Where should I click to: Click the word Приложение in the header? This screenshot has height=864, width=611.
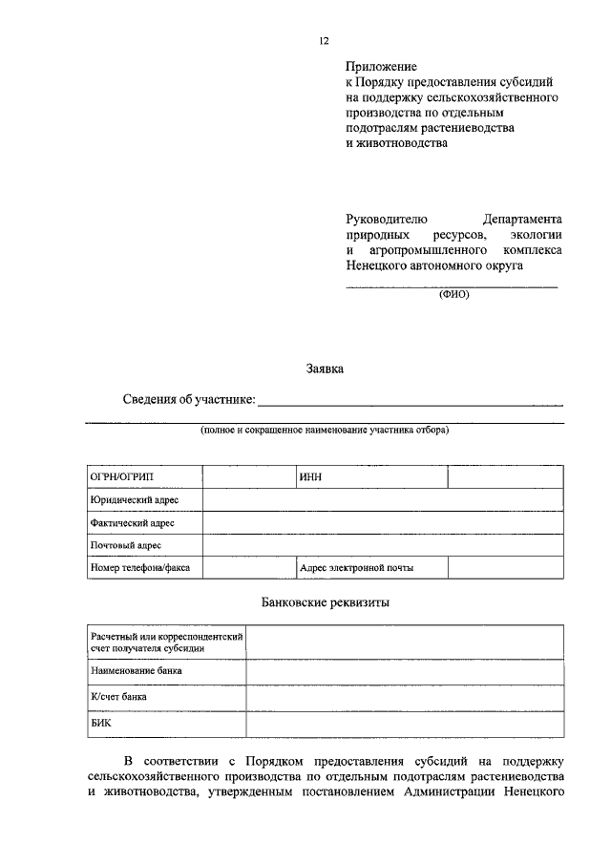[381, 68]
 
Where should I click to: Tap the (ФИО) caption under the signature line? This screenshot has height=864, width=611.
[453, 294]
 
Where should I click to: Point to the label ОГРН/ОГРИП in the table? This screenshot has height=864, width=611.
[121, 476]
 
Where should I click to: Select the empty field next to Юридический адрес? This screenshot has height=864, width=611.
[382, 499]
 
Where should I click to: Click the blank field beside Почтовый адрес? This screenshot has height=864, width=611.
[382, 545]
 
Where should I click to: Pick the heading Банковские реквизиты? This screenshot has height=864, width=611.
[326, 603]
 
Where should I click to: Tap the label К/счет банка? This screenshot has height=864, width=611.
[118, 698]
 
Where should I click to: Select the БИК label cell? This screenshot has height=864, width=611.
[101, 724]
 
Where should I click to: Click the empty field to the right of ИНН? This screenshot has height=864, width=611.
[505, 476]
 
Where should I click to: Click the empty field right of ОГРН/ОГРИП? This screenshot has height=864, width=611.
[247, 476]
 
